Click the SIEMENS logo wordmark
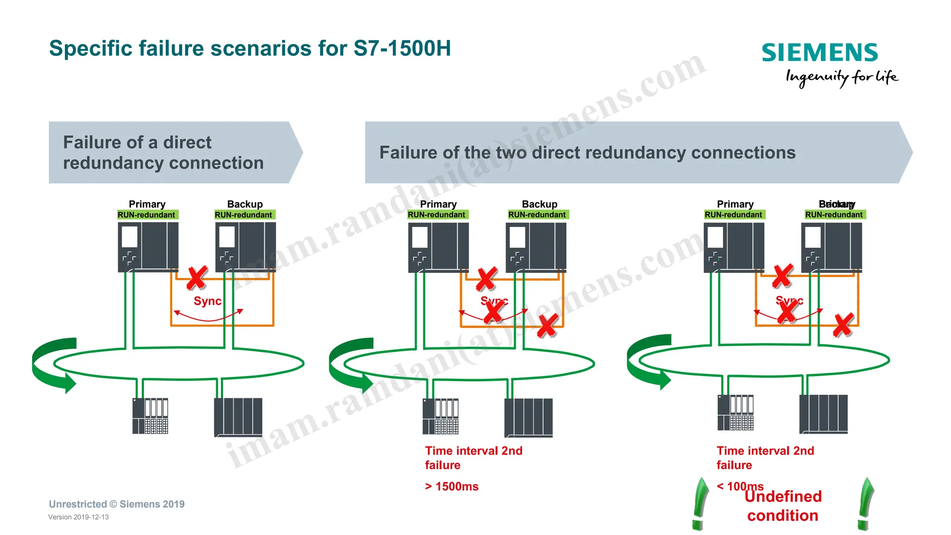(x=820, y=53)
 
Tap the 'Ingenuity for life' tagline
(x=841, y=77)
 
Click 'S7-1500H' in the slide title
(x=402, y=48)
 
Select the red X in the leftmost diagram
(x=197, y=278)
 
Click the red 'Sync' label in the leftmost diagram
(x=207, y=301)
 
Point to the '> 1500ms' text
(x=451, y=486)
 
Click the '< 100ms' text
(x=740, y=486)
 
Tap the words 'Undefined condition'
(x=783, y=506)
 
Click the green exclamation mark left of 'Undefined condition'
(x=699, y=504)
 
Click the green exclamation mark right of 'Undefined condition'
(x=866, y=504)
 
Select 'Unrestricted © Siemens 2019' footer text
(x=117, y=504)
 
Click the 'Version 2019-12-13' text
(x=78, y=517)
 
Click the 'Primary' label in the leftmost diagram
(x=147, y=204)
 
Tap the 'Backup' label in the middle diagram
(x=539, y=204)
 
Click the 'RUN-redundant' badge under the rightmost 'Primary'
(x=733, y=215)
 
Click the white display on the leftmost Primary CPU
(x=130, y=237)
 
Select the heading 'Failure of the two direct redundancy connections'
(x=587, y=152)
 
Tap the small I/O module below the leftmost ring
(x=150, y=416)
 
